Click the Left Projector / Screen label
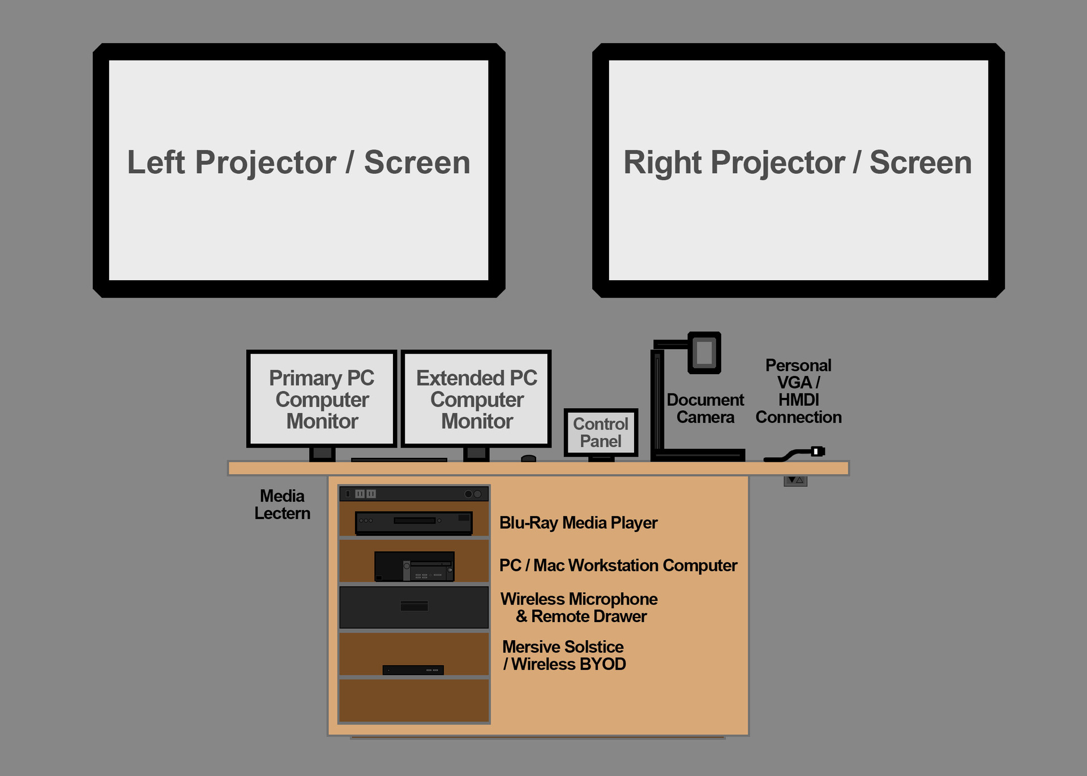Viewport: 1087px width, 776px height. coord(298,163)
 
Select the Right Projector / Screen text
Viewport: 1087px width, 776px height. coord(797,163)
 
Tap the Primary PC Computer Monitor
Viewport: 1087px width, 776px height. coord(322,399)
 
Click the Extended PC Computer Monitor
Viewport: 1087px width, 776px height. coord(476,399)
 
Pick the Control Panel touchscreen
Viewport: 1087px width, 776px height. coord(601,432)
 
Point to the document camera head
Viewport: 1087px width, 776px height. coord(704,353)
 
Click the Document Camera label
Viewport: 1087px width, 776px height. coord(705,408)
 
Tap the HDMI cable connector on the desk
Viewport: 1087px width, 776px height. coord(817,451)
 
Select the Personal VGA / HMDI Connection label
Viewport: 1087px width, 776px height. coord(798,391)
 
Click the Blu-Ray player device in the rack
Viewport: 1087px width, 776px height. coord(414,522)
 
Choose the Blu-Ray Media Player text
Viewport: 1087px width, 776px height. coord(578,522)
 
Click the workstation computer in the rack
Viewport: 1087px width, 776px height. coord(414,566)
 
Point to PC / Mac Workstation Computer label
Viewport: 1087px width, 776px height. coord(618,565)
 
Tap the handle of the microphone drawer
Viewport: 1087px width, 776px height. coord(414,606)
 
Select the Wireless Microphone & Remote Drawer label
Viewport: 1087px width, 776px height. coord(579,607)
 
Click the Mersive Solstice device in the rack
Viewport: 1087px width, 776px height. coord(413,670)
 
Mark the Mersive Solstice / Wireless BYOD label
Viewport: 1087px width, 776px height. coord(564,655)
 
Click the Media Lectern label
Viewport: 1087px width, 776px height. coord(282,504)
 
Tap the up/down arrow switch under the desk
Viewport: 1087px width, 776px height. coord(795,481)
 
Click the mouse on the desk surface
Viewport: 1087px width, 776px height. coord(528,458)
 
